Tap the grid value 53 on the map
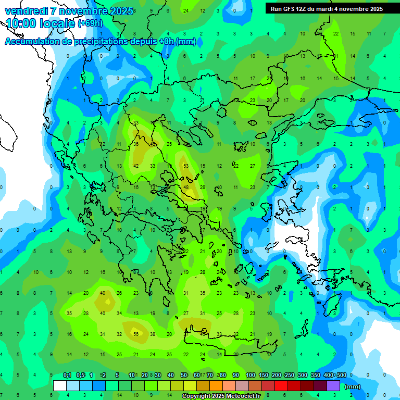click(x=186, y=166)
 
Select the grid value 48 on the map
click(x=186, y=187)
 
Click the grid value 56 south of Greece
click(x=136, y=334)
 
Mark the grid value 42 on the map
click(x=136, y=166)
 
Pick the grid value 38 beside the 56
click(x=153, y=334)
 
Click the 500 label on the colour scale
click(x=341, y=375)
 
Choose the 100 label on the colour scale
click(x=251, y=375)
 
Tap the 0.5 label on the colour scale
click(x=80, y=375)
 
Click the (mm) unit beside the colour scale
click(x=353, y=386)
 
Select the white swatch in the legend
click(x=60, y=386)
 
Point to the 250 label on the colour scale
click(x=289, y=375)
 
